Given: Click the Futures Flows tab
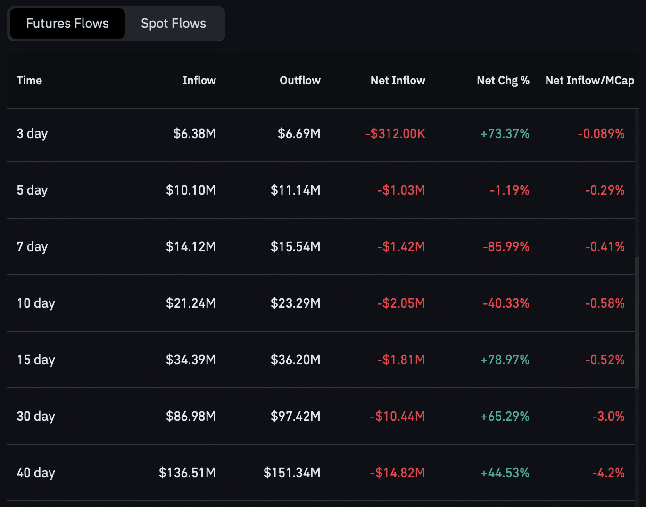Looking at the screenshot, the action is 67,24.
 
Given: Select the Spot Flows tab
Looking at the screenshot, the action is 174,24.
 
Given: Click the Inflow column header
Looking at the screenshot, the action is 199,81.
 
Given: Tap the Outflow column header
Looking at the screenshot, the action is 300,81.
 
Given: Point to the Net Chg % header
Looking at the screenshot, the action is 503,81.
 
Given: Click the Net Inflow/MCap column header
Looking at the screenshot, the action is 590,81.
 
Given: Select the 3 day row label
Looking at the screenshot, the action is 32,134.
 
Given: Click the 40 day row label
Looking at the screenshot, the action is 36,473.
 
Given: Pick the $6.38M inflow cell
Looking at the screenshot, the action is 194,134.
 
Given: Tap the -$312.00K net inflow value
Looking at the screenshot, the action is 395,134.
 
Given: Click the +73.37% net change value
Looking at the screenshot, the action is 505,134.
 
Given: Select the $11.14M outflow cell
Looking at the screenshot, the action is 295,190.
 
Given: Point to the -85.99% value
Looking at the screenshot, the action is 506,247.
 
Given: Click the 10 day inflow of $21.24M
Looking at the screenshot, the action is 191,303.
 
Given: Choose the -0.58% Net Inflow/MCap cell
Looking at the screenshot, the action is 605,303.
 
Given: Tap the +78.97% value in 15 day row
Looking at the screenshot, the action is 505,360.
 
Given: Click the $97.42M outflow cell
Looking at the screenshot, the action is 295,417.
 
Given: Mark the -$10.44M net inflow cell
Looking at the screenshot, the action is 398,417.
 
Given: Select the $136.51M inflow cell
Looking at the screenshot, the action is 187,473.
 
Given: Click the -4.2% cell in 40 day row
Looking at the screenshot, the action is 608,473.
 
